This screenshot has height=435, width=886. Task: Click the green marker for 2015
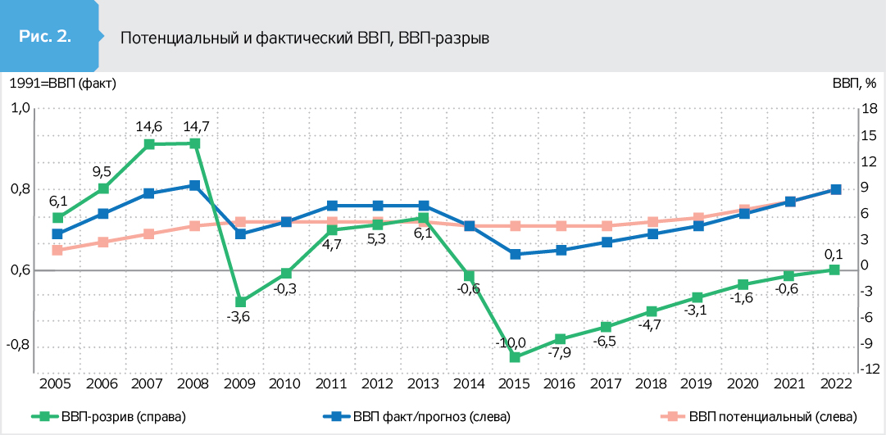pos(516,357)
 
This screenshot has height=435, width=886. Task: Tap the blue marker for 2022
pos(834,189)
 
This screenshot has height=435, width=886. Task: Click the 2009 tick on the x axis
pos(240,384)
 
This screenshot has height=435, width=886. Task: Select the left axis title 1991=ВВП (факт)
pos(62,83)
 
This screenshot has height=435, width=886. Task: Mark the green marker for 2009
pos(240,302)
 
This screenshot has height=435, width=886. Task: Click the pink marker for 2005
pos(57,250)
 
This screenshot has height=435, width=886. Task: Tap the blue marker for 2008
pos(194,185)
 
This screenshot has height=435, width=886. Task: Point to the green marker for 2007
pos(149,144)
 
